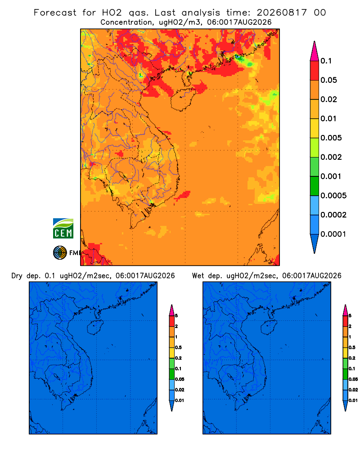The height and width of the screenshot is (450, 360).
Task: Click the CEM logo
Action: point(63,228)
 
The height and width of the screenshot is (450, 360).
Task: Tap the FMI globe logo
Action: point(60,253)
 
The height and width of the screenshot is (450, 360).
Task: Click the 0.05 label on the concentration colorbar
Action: point(328,80)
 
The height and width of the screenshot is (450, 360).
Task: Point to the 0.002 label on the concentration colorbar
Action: point(331,157)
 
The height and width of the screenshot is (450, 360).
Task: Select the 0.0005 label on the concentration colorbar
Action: point(333,195)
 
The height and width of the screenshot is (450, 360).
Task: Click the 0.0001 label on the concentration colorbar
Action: point(333,234)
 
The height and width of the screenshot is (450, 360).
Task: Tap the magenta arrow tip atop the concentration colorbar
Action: point(315,51)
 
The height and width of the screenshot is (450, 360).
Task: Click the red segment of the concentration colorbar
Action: point(315,71)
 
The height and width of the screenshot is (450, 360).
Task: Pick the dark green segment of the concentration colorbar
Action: point(315,186)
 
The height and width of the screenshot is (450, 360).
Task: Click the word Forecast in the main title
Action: point(55,13)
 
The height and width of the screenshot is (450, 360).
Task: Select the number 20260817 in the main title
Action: point(282,13)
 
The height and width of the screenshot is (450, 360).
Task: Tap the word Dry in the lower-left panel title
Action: point(17,276)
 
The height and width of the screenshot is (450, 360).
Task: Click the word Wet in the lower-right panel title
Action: point(198,276)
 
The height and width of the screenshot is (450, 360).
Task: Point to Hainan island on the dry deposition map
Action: point(95,327)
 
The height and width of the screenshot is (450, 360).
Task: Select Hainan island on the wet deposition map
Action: point(269,327)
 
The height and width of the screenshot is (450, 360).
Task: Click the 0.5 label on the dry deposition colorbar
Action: point(178,347)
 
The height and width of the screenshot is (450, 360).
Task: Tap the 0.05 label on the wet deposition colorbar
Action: point(353,379)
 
